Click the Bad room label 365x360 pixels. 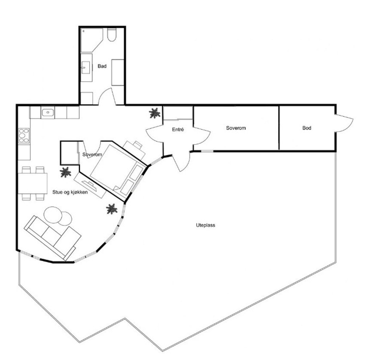pos(102,66)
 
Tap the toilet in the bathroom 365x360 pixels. pos(113,35)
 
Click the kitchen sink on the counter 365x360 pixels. pos(48,113)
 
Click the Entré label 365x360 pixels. pos(178,129)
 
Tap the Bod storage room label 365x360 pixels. pos(307,128)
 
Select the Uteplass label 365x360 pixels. pos(205,224)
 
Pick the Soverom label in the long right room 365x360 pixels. pos(236,128)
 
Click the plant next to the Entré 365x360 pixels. pos(154,113)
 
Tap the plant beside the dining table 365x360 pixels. pos(65,172)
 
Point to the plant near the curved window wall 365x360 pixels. pos(112,209)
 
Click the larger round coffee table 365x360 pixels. pos(54,215)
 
